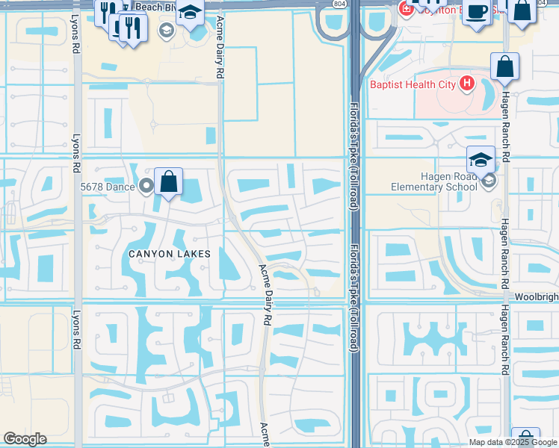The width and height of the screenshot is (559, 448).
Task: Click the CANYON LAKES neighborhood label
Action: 169,254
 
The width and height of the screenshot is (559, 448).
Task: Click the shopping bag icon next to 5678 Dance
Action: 169,181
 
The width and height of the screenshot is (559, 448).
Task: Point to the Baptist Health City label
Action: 413,84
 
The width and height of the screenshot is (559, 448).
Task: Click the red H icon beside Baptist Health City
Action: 468,83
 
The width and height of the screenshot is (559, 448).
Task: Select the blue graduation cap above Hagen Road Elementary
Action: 481,158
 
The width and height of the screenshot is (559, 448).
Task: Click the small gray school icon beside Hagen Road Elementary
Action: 488,180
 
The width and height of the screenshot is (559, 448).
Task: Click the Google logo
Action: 25,439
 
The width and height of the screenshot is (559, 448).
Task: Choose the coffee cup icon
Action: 476,12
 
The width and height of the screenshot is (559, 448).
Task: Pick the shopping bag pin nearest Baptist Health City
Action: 505,67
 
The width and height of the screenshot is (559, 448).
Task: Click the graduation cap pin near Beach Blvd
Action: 191,13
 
